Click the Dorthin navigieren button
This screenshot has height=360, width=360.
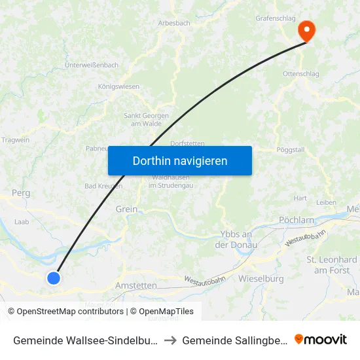point(180,160)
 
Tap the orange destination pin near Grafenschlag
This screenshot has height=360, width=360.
point(306,30)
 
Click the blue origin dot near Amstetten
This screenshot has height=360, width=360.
point(54,278)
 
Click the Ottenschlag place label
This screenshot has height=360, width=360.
point(301,74)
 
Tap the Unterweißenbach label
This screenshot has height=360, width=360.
point(92,65)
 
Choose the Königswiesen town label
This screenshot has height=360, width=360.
point(118,86)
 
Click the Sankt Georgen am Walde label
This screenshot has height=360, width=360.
point(147,120)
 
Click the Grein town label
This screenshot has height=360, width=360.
point(126,209)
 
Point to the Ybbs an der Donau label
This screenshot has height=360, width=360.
point(238,240)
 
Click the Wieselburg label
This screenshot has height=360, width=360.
point(261,279)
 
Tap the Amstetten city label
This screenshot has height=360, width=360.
point(136,286)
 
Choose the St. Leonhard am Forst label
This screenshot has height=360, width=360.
point(332,265)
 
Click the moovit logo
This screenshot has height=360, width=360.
point(321,339)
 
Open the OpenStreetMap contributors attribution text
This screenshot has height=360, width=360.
point(65,312)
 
